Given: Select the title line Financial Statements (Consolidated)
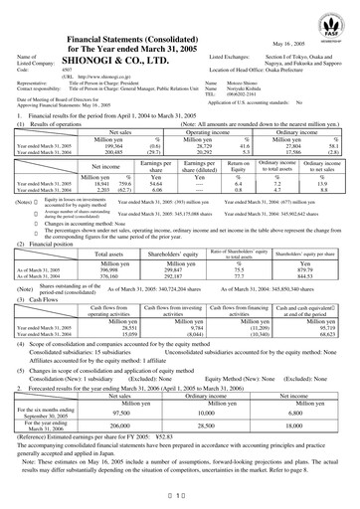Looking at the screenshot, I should [139, 10].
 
